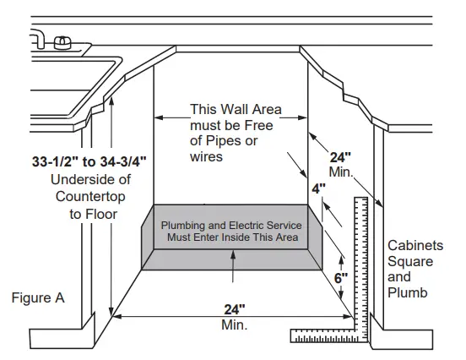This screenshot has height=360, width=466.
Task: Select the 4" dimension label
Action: pyautogui.click(x=317, y=189)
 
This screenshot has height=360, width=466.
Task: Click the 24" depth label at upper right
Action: pyautogui.click(x=340, y=157)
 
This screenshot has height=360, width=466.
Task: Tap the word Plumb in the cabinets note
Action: pyautogui.click(x=407, y=292)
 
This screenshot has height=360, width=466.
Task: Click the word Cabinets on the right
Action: pyautogui.click(x=415, y=245)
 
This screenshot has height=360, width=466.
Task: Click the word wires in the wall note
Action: pyautogui.click(x=207, y=156)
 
